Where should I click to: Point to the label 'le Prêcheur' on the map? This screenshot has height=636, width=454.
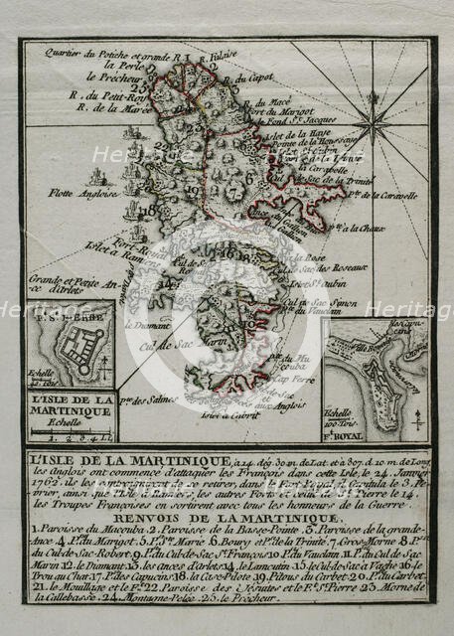pyautogui.click(x=108, y=76)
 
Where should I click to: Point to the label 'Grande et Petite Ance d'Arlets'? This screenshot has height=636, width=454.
pyautogui.click(x=62, y=286)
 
